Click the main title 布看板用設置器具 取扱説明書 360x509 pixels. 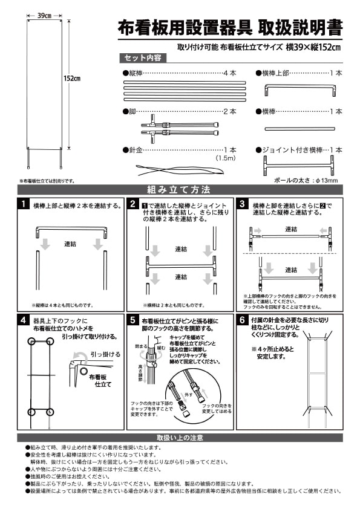click(230, 28)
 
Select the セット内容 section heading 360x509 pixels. click(142, 58)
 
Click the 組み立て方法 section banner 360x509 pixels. click(180, 189)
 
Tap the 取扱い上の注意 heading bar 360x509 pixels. click(180, 437)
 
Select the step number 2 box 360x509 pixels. click(132, 204)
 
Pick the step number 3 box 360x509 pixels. click(241, 204)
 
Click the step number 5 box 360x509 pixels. click(132, 320)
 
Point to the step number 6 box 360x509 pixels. click(241, 320)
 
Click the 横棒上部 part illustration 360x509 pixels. click(301, 90)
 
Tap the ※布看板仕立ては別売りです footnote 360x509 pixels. click(47, 180)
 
